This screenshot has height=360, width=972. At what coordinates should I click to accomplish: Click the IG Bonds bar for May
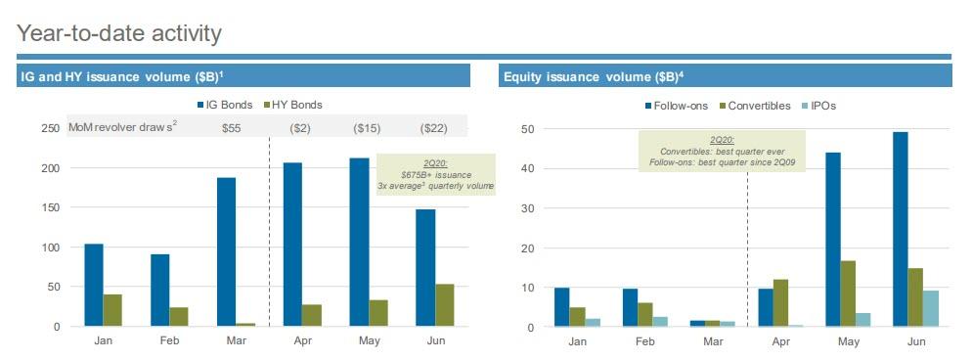(x=358, y=242)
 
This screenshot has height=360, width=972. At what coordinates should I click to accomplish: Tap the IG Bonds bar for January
(x=94, y=285)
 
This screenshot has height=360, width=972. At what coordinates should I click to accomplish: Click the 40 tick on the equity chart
(x=526, y=168)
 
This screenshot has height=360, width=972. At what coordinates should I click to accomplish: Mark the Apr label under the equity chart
(x=780, y=341)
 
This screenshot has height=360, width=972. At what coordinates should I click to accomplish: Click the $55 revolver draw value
(x=232, y=128)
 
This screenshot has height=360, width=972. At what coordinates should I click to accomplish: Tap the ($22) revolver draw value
(x=433, y=128)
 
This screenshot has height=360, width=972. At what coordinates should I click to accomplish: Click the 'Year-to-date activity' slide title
(x=119, y=33)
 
